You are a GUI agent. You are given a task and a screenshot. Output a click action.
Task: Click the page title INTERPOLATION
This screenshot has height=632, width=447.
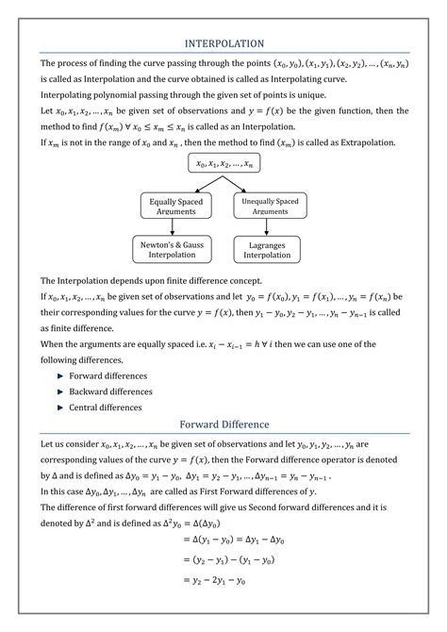[223, 43]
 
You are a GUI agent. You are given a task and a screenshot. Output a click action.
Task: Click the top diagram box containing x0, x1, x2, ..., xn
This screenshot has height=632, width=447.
[223, 163]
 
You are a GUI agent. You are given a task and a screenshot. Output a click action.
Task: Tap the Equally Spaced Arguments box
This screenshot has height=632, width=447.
[176, 207]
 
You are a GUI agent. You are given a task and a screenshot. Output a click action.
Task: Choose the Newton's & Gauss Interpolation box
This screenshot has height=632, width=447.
[176, 249]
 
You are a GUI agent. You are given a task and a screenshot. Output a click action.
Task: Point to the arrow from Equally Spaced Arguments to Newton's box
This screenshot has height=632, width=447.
[176, 227]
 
